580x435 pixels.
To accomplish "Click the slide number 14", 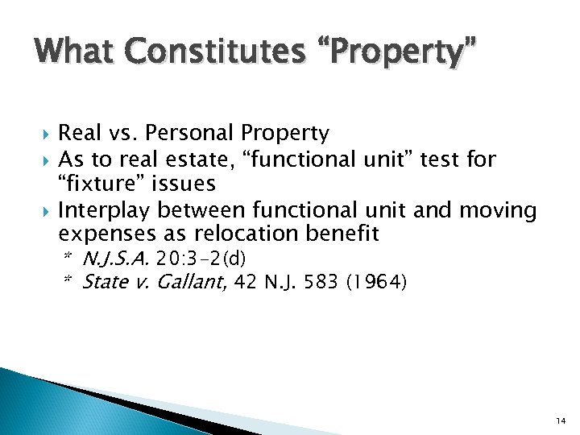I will coord(559,420).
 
